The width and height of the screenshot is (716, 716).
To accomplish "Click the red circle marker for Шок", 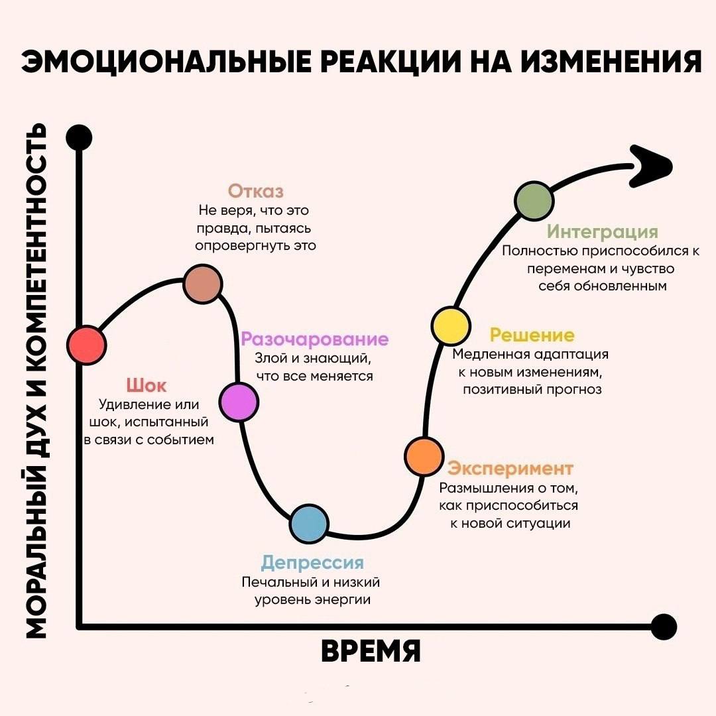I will tap(87, 345).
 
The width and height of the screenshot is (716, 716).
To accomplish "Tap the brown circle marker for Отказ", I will tap(203, 284).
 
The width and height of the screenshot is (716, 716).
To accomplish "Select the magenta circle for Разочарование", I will tap(239, 402).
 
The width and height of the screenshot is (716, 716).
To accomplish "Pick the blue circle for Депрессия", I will tap(310, 523).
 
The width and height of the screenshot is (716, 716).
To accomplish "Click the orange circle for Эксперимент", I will tap(424, 456).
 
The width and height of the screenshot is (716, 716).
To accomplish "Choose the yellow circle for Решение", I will tap(451, 326).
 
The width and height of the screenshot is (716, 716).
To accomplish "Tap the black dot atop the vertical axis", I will tap(79, 138).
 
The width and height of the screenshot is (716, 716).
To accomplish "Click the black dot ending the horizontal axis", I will tap(664, 626).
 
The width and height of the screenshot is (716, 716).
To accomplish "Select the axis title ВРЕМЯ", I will tap(371, 651).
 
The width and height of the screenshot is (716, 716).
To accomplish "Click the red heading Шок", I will tap(146, 385).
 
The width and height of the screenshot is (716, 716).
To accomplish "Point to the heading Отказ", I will tap(256, 192).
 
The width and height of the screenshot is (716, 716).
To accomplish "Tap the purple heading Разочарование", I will tap(315, 339).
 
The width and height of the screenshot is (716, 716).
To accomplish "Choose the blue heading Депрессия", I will tap(312, 563).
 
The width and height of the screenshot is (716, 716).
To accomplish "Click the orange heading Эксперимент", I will tap(510, 468).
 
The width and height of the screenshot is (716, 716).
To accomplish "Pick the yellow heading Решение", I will tap(532, 335).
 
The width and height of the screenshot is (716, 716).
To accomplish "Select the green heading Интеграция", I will tap(602, 231).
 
